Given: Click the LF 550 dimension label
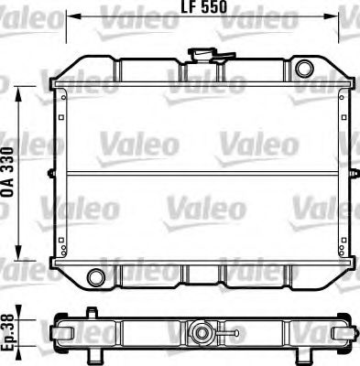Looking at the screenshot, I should tap(204, 8).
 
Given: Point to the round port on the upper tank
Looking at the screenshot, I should tap(304, 67).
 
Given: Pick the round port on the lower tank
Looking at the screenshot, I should tap(94, 277).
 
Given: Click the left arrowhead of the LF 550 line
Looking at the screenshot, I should tap(74, 16).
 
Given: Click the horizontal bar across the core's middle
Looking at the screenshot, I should tap(203, 174).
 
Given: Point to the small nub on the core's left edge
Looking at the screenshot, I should tap(56, 174).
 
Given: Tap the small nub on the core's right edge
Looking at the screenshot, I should tap(351, 174).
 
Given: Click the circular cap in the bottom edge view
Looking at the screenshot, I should tap(204, 330).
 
